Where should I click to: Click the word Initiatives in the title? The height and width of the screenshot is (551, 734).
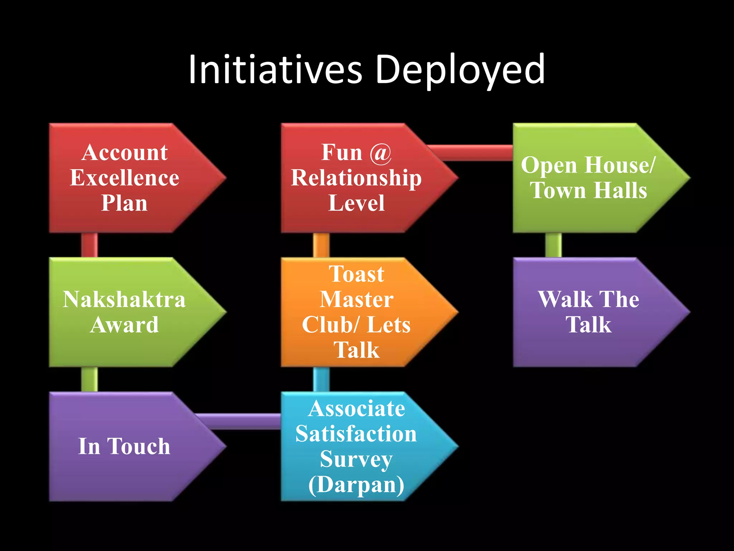(275, 69)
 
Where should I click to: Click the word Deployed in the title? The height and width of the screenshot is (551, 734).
(460, 69)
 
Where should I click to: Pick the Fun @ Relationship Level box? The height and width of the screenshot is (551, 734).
(356, 178)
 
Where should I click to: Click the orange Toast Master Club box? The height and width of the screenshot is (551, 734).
(356, 312)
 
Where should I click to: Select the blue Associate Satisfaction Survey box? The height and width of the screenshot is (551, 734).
(356, 446)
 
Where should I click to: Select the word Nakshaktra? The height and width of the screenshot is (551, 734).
(124, 300)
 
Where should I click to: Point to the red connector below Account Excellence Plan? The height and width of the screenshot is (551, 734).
(89, 245)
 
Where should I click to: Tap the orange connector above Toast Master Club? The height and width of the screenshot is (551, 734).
(321, 245)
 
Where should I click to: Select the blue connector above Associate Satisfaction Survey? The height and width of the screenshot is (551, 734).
(321, 379)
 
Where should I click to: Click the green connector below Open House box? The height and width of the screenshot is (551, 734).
(553, 245)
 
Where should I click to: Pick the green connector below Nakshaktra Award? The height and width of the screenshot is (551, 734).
(89, 379)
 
